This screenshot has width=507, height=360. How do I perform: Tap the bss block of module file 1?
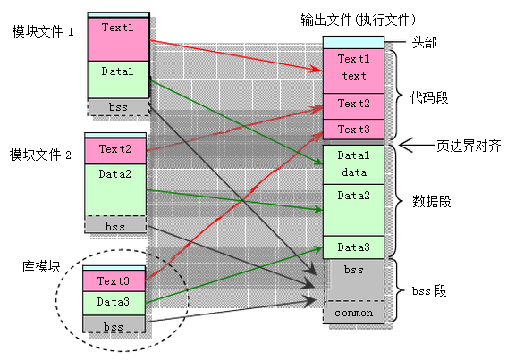(x=117, y=107)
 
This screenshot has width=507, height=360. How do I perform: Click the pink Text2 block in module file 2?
(x=114, y=149)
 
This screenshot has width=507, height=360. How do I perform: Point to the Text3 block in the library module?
(x=114, y=281)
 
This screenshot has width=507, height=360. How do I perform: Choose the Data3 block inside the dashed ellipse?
(x=114, y=303)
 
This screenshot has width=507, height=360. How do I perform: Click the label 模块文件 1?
(x=42, y=31)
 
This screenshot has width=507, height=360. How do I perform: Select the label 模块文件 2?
(x=39, y=155)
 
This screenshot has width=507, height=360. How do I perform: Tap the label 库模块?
(x=41, y=266)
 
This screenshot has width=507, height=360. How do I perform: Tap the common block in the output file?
(x=353, y=314)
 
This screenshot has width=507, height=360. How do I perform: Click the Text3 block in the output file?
(x=353, y=130)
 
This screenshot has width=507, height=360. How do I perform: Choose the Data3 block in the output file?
(x=353, y=247)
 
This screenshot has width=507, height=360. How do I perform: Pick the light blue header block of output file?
(x=353, y=42)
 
